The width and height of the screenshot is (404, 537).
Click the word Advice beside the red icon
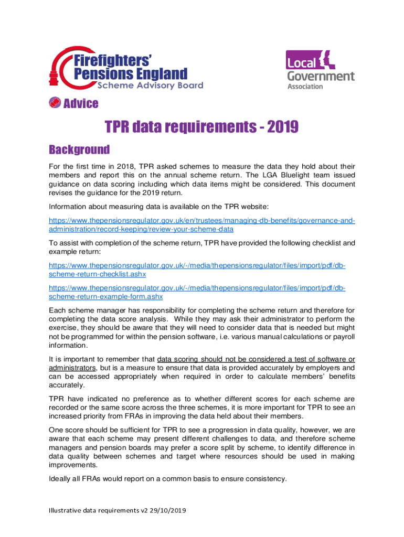(x=81, y=103)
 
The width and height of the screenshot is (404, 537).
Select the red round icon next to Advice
(x=55, y=103)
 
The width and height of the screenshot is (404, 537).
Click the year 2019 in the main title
(x=283, y=126)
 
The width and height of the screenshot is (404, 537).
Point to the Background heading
(x=79, y=150)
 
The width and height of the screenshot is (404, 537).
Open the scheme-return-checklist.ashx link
(x=97, y=274)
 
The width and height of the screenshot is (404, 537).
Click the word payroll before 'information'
(x=343, y=336)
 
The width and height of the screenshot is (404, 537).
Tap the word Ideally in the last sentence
(x=61, y=478)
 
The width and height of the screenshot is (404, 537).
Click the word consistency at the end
(x=267, y=478)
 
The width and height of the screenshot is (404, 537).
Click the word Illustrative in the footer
(x=66, y=510)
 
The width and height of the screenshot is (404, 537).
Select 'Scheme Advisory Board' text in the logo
(x=150, y=85)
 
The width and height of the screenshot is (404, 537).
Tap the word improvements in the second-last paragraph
(x=75, y=465)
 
